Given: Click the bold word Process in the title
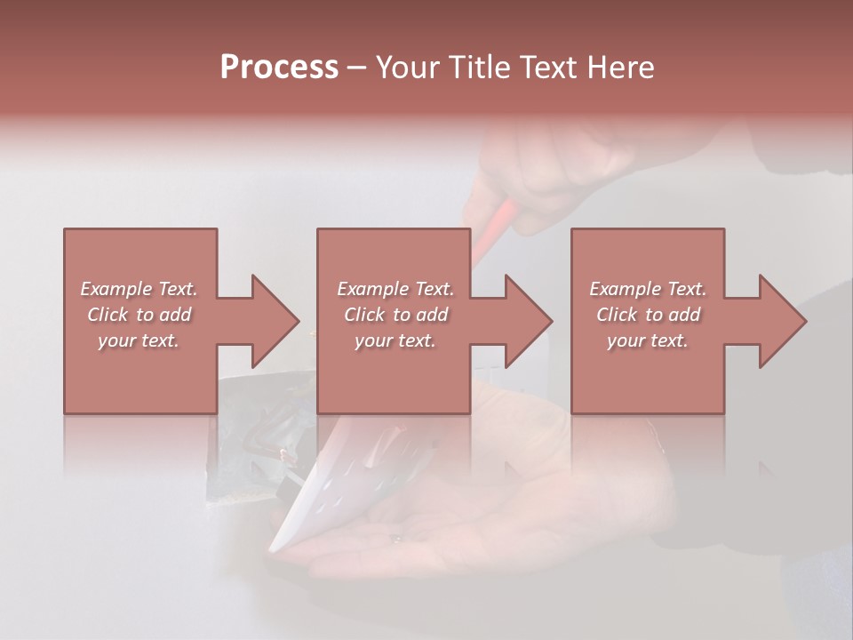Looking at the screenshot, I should pyautogui.click(x=279, y=68).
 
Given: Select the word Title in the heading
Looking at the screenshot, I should pyautogui.click(x=479, y=68).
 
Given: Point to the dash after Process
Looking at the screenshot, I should pyautogui.click(x=357, y=68).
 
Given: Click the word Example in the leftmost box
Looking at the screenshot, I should pyautogui.click(x=116, y=289).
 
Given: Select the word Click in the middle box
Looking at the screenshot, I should pyautogui.click(x=363, y=315).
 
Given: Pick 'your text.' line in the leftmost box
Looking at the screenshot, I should pyautogui.click(x=139, y=340).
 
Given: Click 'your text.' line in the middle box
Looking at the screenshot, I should pyautogui.click(x=395, y=340).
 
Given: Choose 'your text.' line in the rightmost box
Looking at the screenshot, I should pyautogui.click(x=648, y=340).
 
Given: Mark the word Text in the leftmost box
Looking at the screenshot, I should pyautogui.click(x=177, y=289).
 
